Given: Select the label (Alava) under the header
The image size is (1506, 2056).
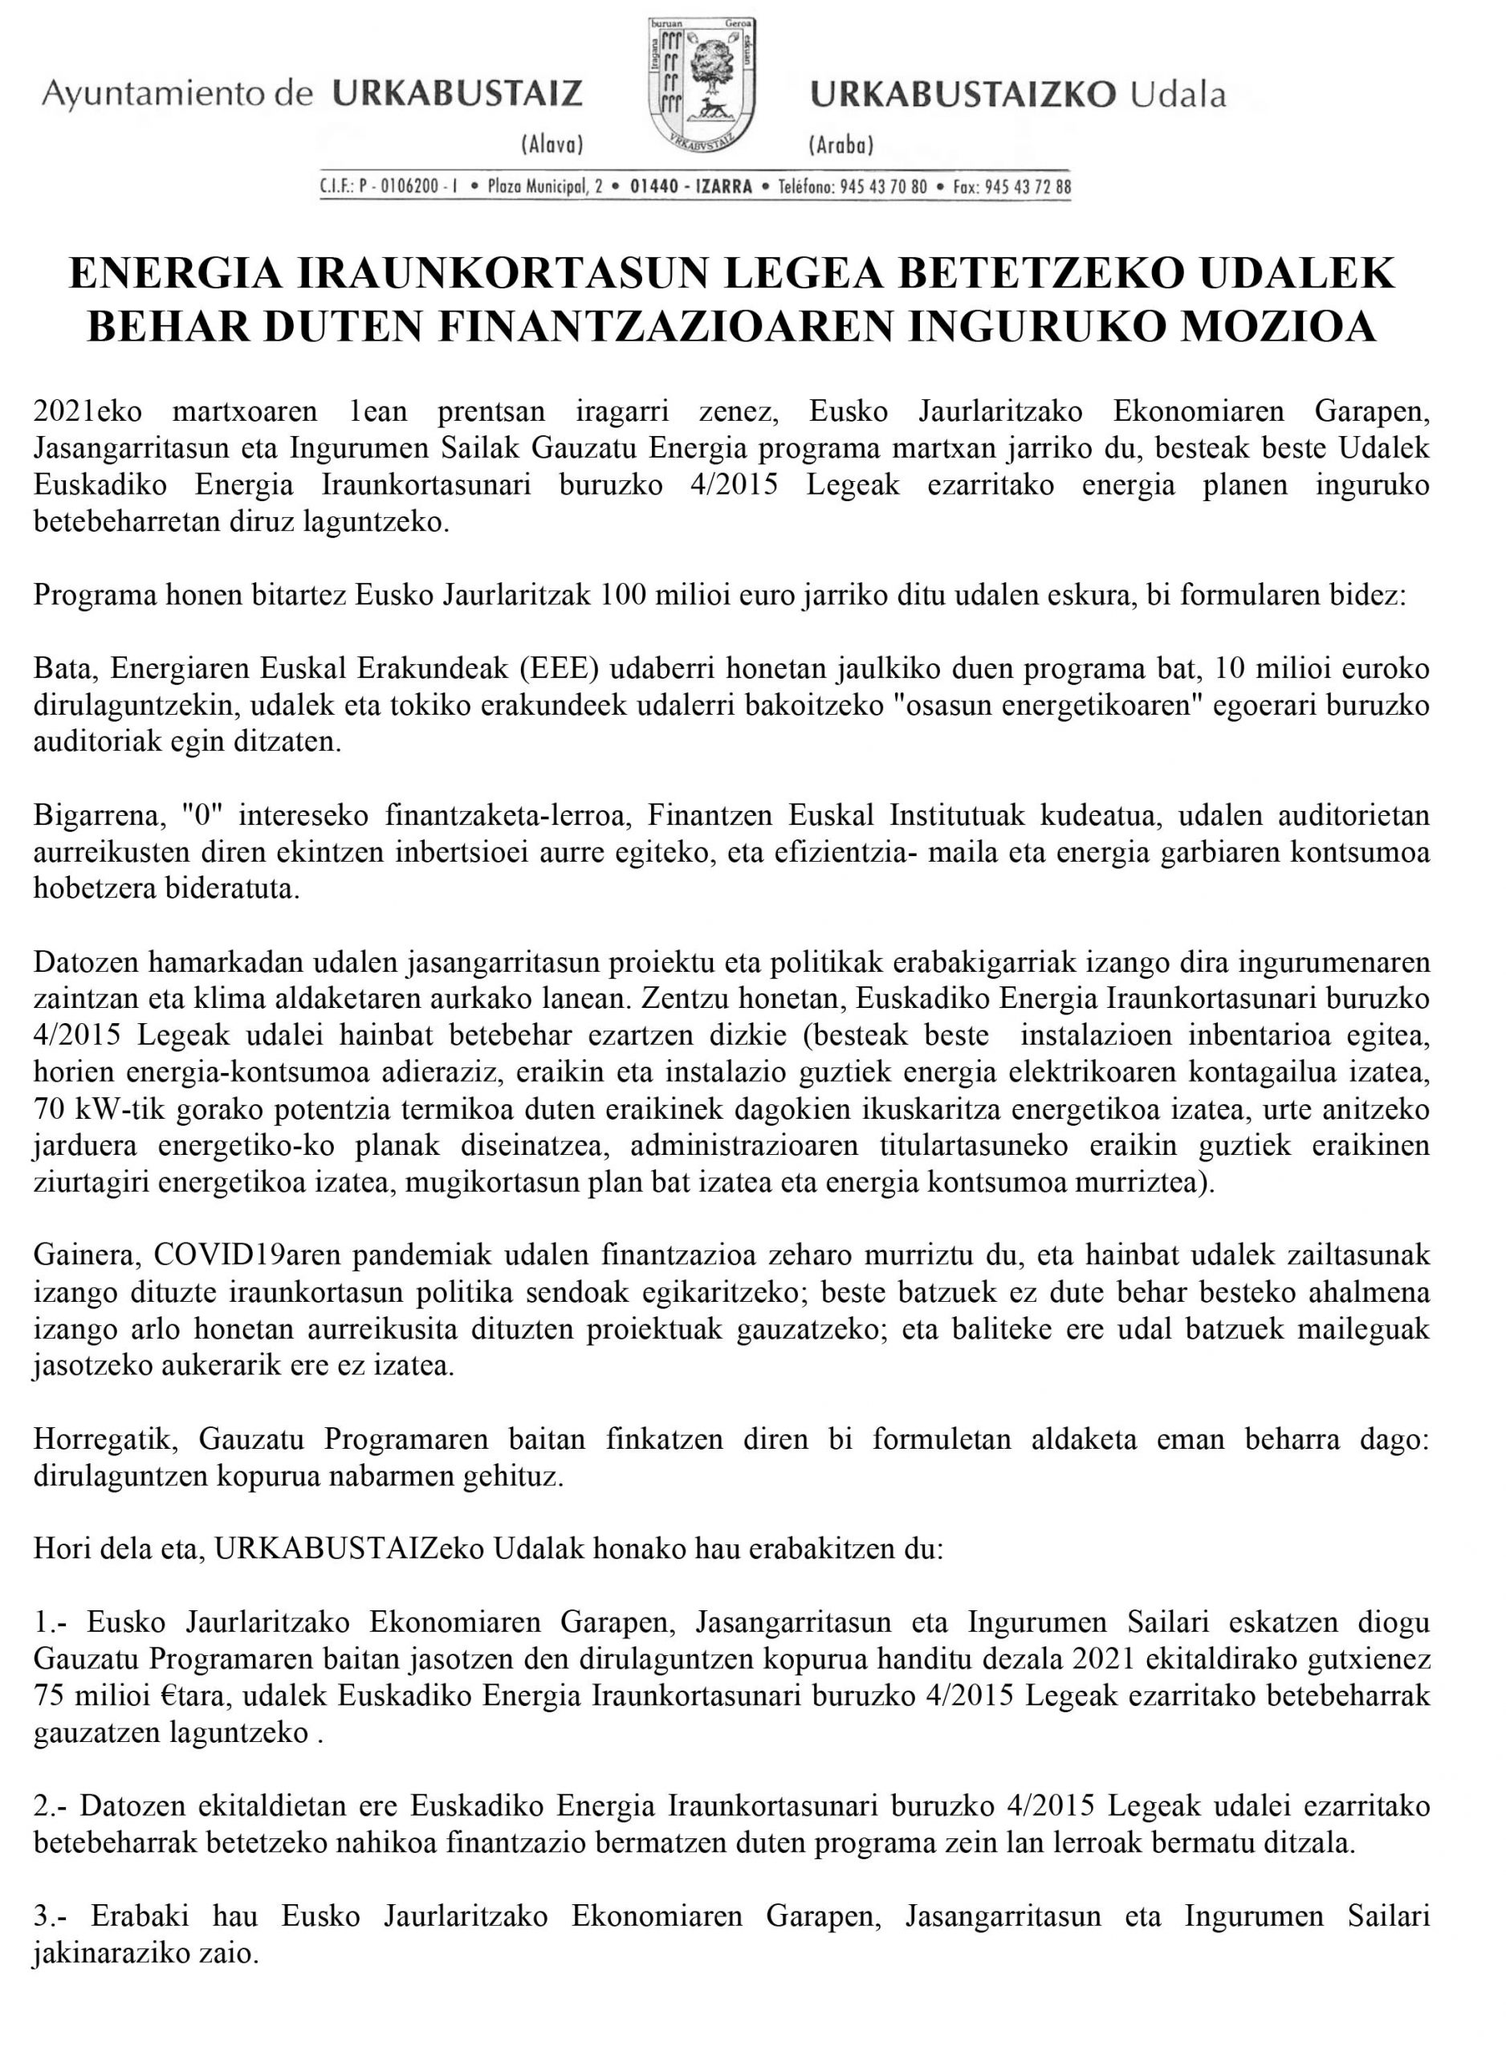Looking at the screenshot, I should click(x=551, y=144).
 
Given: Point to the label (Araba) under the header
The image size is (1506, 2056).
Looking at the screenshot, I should click(x=840, y=144).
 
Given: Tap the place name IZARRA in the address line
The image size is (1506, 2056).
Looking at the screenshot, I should click(x=724, y=188).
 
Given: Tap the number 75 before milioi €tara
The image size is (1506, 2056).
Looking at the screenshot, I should click(x=49, y=1696).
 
